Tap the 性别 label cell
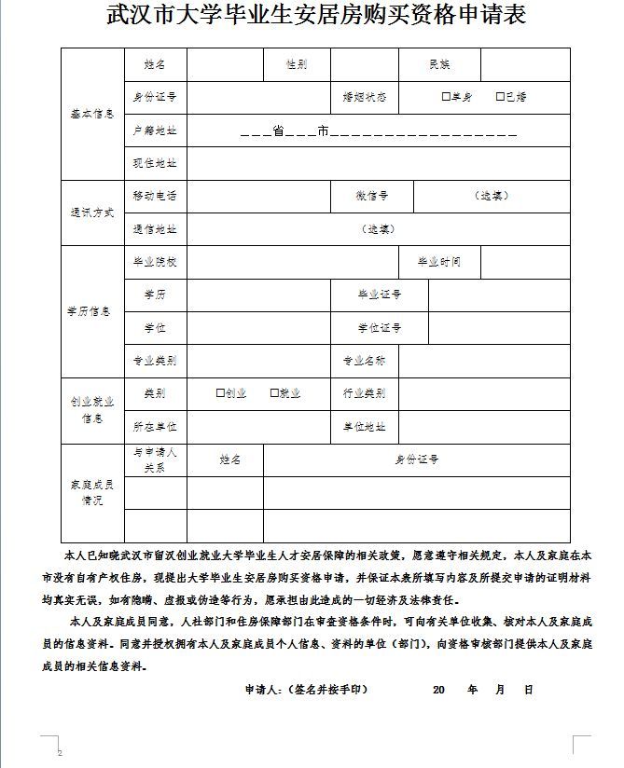point(297,64)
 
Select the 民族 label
point(439,64)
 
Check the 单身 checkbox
point(446,97)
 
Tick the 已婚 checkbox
point(500,97)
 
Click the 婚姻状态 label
point(365,97)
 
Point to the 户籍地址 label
point(155,130)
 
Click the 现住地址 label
point(155,163)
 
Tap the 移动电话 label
point(155,196)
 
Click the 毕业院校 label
point(155,262)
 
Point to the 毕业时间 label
point(439,262)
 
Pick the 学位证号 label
point(379,328)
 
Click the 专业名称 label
point(365,361)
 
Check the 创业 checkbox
point(220,393)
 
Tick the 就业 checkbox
point(274,393)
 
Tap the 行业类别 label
point(365,393)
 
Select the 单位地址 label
point(365,427)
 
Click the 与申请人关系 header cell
point(155,460)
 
